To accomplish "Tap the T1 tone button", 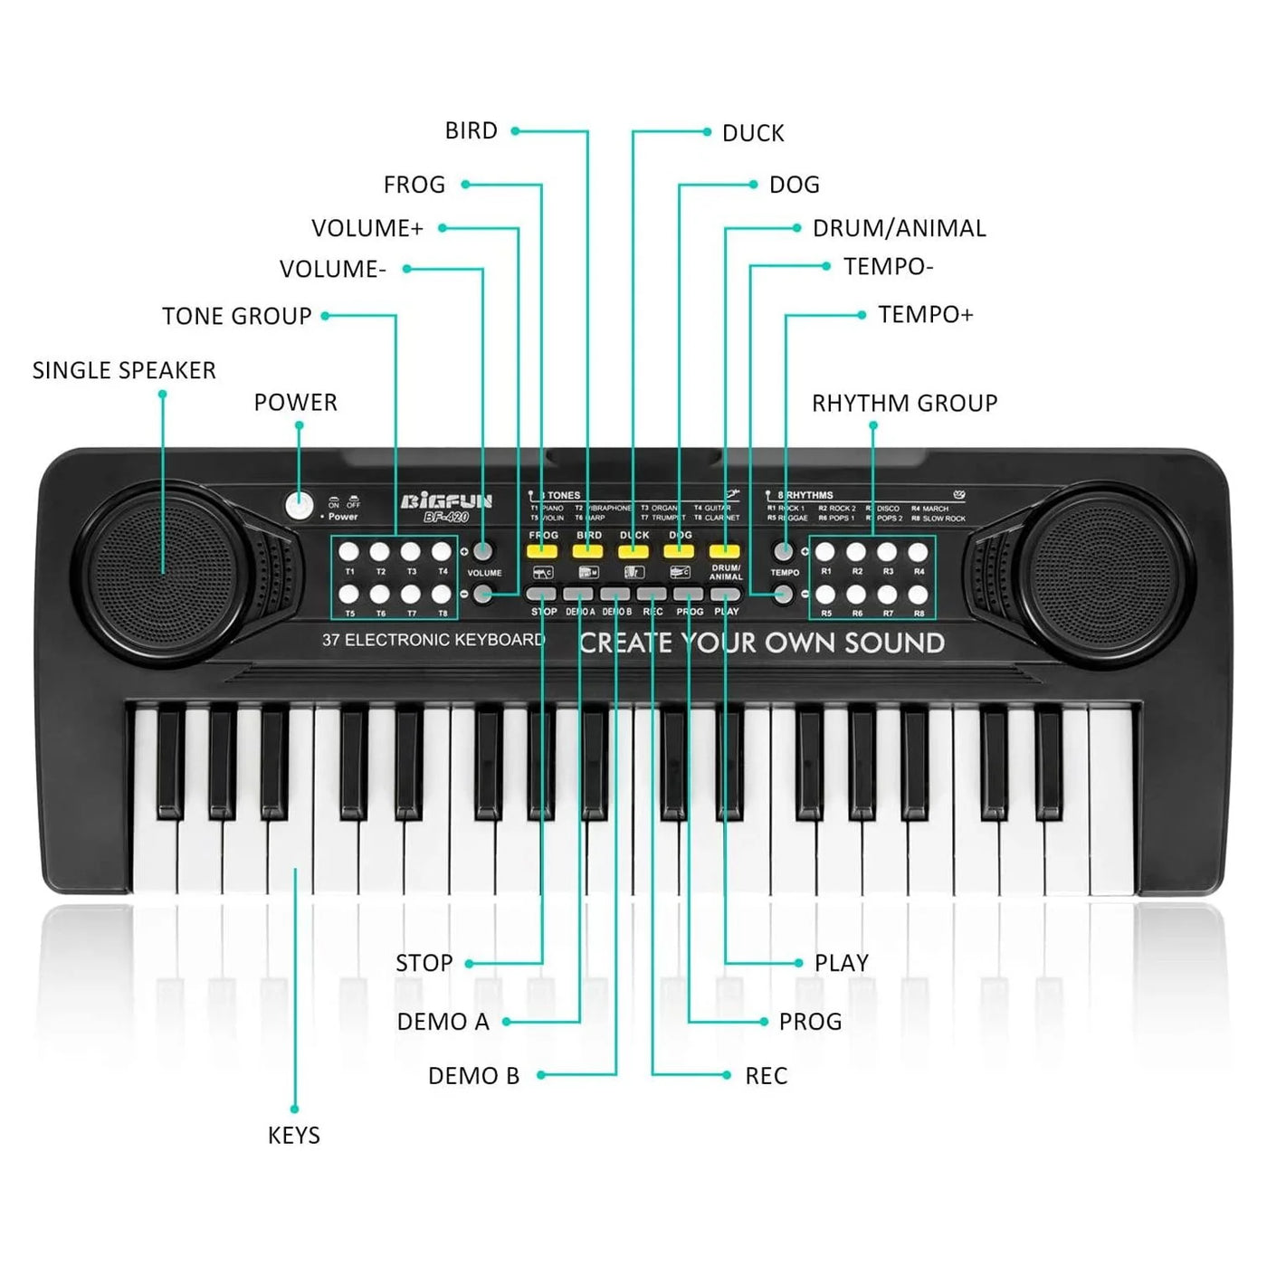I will (349, 551).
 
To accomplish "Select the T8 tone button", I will (442, 594).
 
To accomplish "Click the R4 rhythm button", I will (918, 551).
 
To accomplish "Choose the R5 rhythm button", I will (825, 594).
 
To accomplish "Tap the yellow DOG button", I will (679, 550).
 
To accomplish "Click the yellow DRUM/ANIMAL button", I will (725, 550).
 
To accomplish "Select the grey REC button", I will (652, 595).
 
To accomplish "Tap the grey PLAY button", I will (725, 595).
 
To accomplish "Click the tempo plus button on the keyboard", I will (784, 550).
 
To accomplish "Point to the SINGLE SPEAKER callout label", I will (124, 370).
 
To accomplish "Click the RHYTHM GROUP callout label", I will (904, 403).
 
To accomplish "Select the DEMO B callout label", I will (473, 1075).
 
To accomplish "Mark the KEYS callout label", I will (294, 1135).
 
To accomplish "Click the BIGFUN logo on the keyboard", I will (447, 501).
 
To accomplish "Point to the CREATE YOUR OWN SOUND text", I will (762, 643).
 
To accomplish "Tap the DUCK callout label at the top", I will (753, 133).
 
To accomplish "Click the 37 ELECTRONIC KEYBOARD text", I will (433, 640).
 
